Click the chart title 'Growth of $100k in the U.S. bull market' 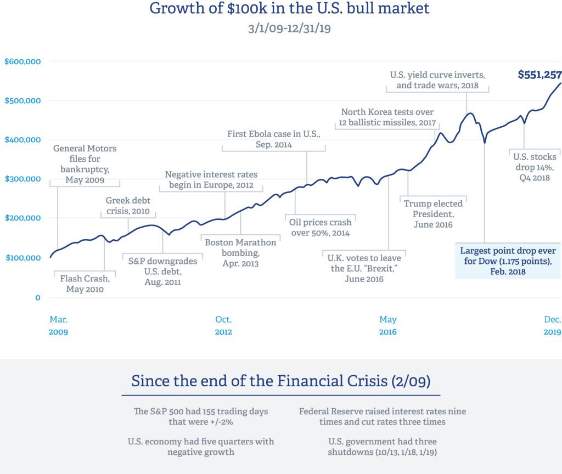289,9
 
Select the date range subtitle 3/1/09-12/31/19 289,28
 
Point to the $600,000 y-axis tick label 23,62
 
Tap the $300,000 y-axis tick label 23,179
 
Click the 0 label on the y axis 38,298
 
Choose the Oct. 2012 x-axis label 223,326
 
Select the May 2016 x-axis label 387,326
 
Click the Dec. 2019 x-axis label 552,326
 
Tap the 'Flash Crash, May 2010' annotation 85,284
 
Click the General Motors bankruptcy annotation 85,164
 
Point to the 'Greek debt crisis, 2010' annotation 128,206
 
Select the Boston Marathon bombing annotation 240,252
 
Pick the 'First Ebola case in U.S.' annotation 273,139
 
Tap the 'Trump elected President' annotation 433,214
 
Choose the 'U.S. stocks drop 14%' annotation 535,167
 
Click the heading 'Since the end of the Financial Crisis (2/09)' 280,381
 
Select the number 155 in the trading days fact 223,411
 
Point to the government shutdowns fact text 382,447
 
